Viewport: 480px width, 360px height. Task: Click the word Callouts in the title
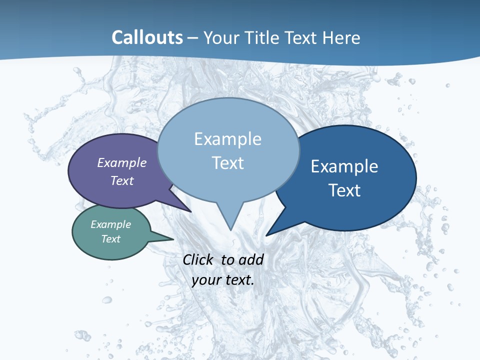[x=147, y=37]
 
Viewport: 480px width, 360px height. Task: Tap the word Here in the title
[x=341, y=37]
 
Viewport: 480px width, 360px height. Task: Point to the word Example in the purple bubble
[x=122, y=162]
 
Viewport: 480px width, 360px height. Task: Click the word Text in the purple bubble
[x=122, y=180]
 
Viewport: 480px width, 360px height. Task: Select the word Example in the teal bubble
[x=110, y=224]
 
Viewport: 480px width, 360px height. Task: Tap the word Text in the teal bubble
[x=110, y=239]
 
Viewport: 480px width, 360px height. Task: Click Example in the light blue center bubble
[x=227, y=139]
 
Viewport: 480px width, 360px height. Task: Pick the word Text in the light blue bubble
[x=227, y=163]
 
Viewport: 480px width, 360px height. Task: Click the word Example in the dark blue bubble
[x=344, y=166]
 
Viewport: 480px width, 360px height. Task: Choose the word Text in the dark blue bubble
[x=344, y=190]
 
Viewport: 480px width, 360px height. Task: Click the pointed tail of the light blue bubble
[x=230, y=227]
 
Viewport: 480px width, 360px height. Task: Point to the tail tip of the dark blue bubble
[x=267, y=234]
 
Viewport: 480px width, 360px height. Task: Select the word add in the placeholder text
[x=250, y=259]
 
